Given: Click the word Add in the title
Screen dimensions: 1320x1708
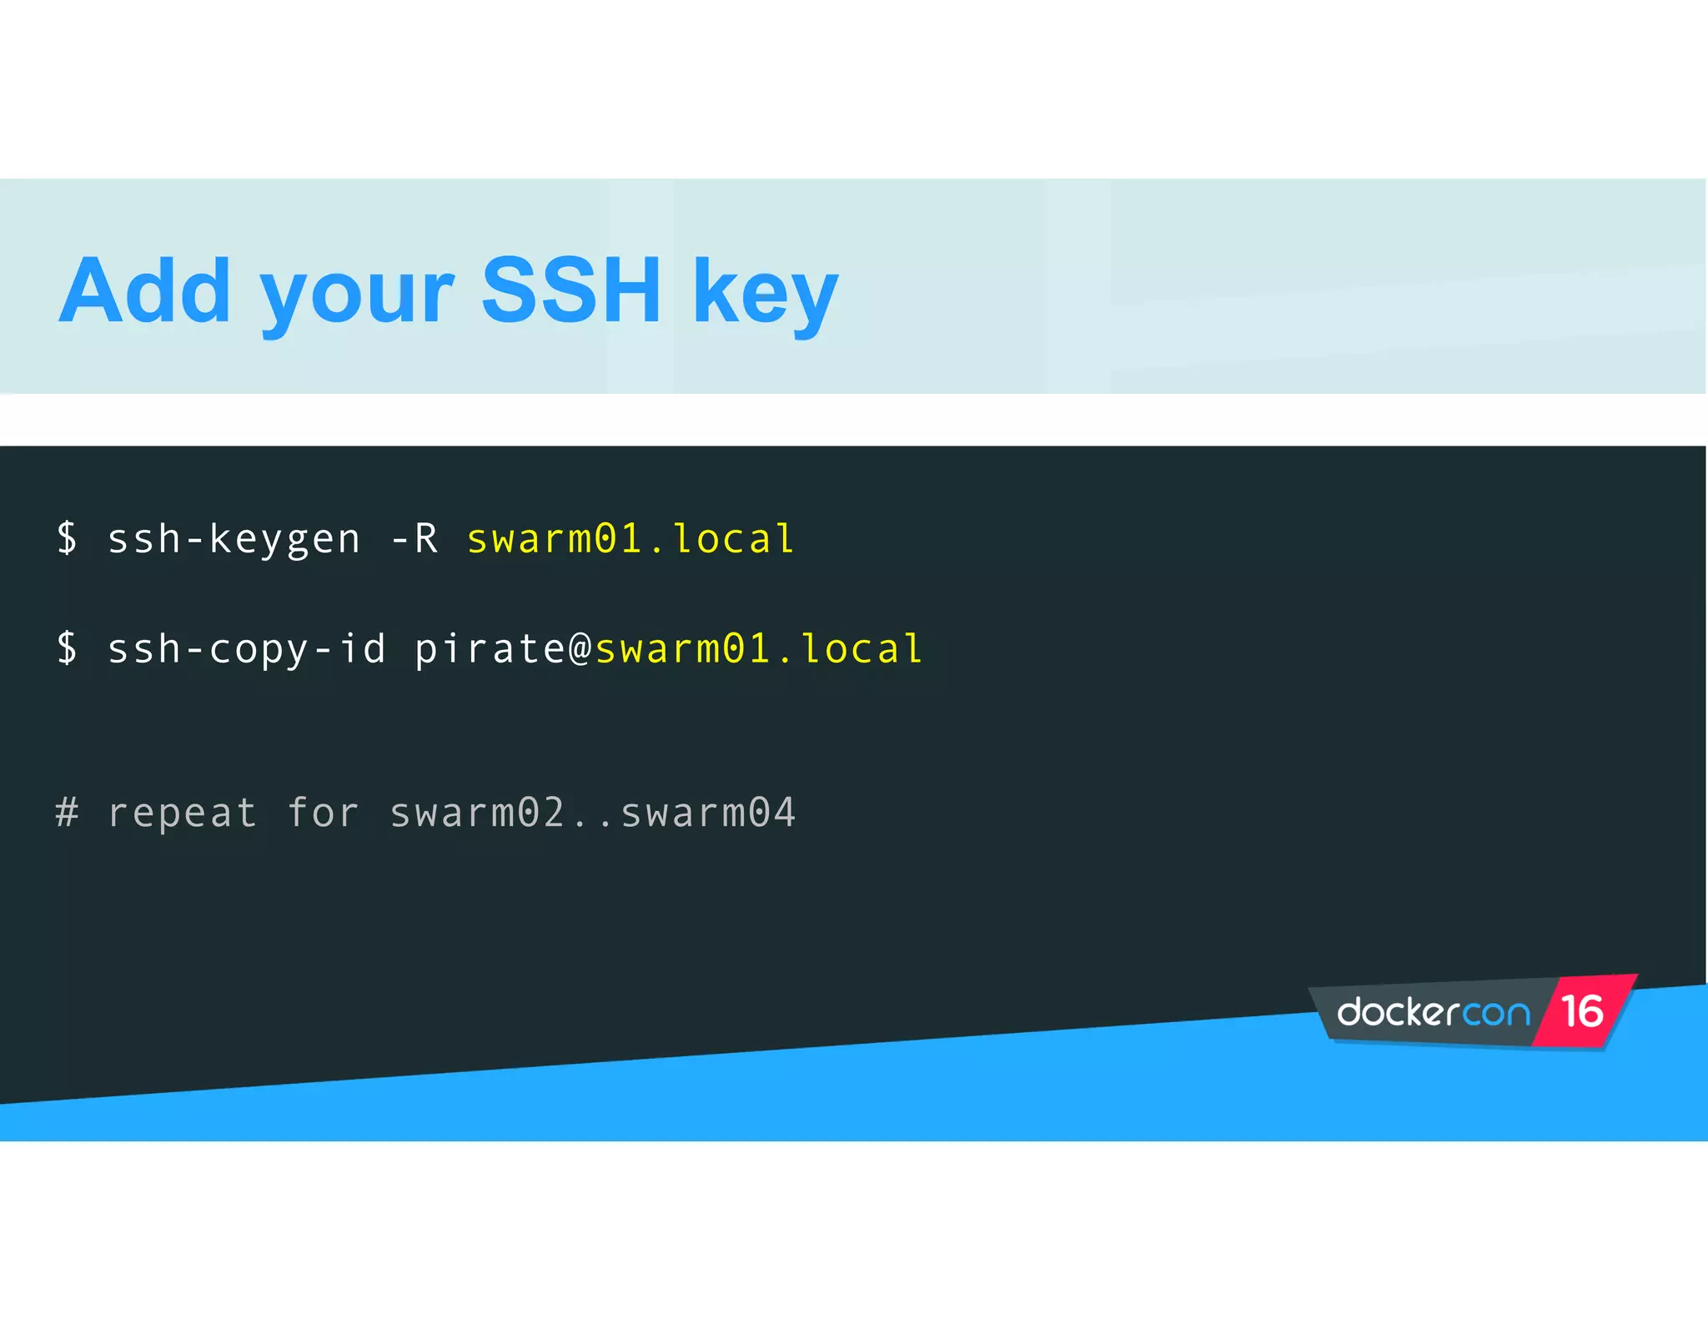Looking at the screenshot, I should point(144,291).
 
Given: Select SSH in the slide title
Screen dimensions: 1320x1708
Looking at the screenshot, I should point(571,291).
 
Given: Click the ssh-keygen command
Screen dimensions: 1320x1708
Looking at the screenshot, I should point(234,540).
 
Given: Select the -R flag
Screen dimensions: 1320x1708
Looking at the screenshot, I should point(414,540).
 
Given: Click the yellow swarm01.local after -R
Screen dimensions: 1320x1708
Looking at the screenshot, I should point(630,540).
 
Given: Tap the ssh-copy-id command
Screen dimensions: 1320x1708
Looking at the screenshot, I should point(247,650).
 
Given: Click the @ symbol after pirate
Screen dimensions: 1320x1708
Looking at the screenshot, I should point(580,650).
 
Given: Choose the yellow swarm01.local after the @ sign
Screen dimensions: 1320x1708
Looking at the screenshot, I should point(759,650).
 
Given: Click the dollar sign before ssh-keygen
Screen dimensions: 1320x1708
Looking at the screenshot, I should point(68,538).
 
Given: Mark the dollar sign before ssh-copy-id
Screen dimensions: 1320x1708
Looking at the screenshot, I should point(68,648).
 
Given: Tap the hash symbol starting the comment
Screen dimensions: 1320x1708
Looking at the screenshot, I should point(68,813).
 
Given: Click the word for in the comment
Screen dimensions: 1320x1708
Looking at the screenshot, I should point(324,813).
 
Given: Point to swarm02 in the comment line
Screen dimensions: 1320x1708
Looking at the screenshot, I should point(478,813).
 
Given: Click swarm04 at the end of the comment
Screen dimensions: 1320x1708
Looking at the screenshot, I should point(708,813).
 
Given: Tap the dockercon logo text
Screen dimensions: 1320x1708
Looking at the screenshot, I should point(1434,1013).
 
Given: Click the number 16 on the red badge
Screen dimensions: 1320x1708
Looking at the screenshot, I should point(1582,1011).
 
